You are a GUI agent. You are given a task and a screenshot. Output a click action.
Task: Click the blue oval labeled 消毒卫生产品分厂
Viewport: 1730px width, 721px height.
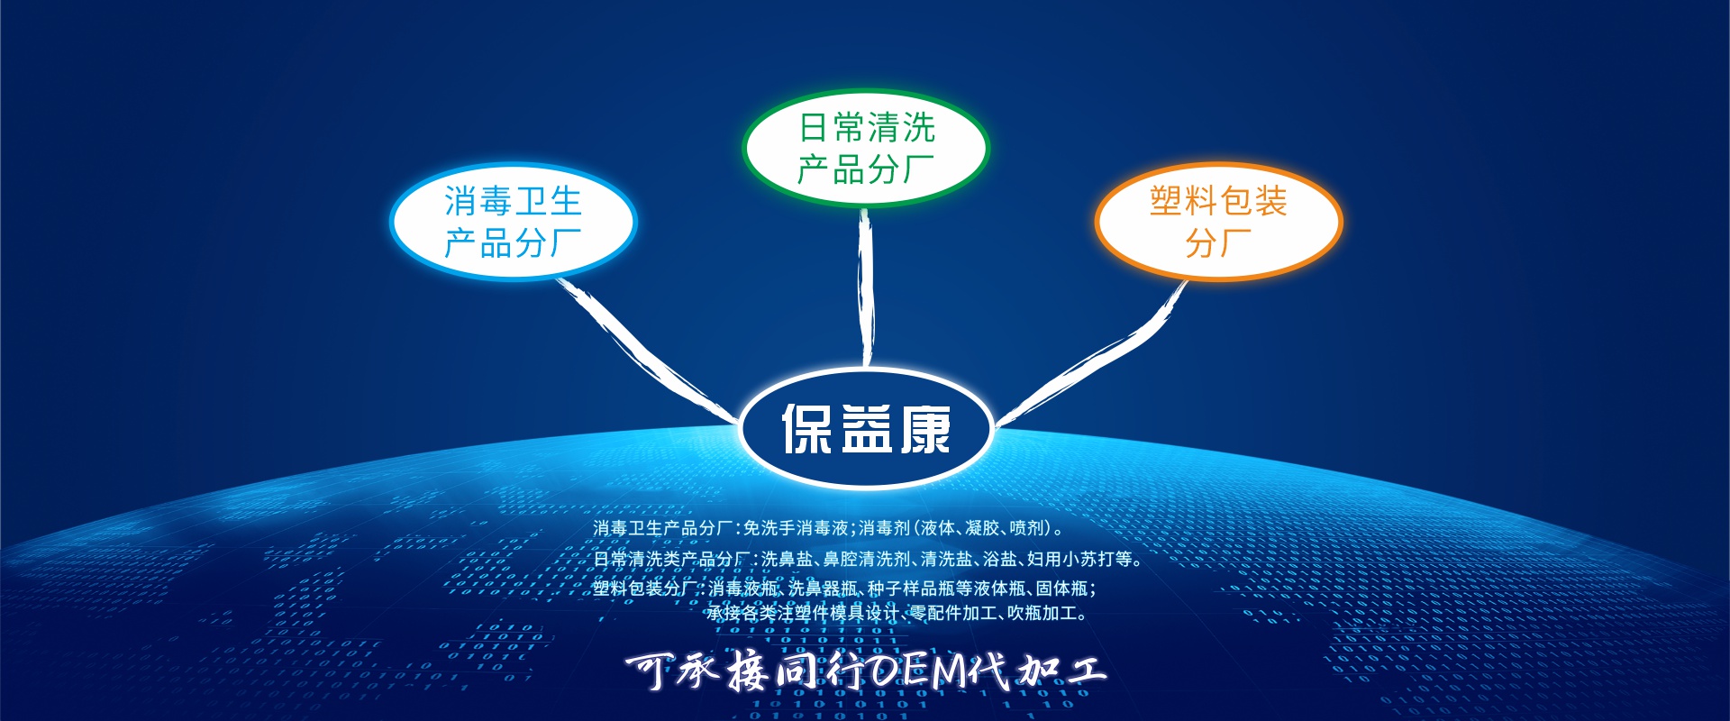point(514,222)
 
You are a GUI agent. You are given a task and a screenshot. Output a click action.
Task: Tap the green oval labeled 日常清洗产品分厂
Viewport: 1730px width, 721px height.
point(866,148)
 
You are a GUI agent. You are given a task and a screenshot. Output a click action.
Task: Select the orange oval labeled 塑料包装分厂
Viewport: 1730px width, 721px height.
point(1218,222)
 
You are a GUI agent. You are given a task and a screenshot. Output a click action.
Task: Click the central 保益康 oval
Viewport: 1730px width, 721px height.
point(866,428)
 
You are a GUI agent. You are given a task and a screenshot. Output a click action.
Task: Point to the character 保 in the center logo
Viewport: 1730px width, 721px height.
point(807,429)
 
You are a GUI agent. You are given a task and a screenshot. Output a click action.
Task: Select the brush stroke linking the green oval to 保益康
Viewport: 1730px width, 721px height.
point(866,288)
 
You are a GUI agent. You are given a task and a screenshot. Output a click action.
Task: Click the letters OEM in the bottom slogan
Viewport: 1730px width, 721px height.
point(918,671)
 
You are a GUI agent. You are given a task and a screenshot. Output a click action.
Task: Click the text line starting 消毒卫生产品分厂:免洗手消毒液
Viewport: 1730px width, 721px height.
point(829,528)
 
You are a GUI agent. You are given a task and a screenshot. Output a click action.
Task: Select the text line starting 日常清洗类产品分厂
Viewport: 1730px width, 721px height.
point(868,559)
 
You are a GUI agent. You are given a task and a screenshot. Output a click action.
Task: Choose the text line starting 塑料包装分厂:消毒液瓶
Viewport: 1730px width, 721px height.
point(845,589)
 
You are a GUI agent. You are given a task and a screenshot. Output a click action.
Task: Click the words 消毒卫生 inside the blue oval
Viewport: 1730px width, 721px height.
point(513,201)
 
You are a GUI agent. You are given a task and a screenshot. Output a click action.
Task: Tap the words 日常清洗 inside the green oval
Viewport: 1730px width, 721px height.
point(867,127)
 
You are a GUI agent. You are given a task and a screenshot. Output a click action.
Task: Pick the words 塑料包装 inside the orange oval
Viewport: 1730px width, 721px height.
point(1218,201)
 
